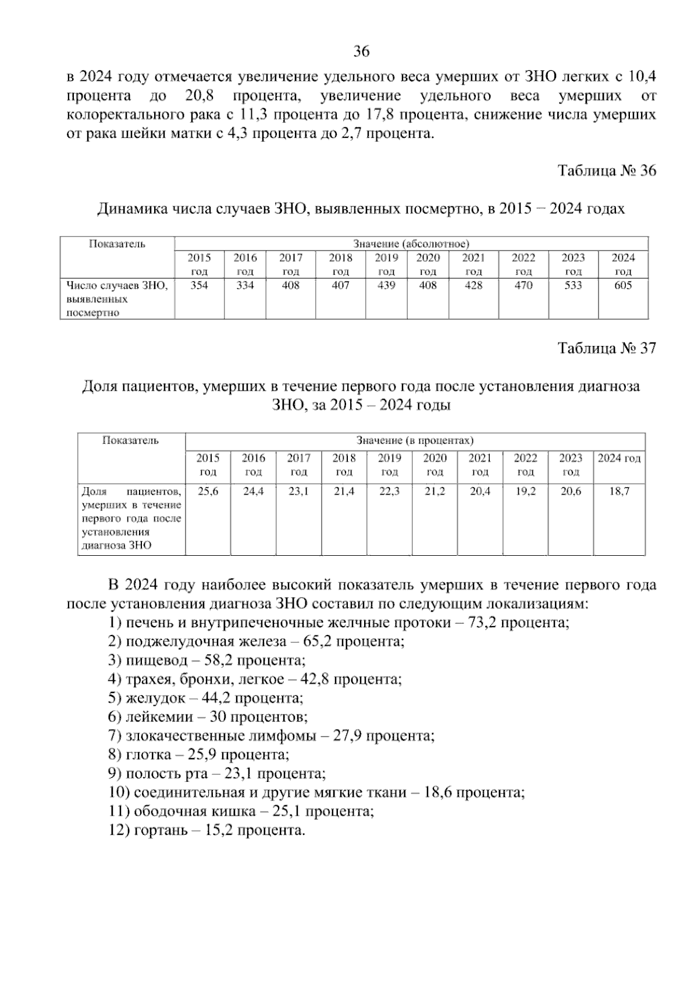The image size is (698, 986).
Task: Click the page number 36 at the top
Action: pos(361,52)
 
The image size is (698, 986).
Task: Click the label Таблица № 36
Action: pos(607,170)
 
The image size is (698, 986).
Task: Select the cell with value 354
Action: pos(199,285)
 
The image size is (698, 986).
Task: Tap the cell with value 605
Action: pos(623,285)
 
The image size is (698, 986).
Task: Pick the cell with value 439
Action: pos(386,285)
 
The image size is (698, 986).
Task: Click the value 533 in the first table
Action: pos(573,285)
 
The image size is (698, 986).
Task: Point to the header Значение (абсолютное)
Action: pos(411,244)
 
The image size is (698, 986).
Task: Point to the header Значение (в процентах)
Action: pos(415,441)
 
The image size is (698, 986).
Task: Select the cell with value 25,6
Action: pos(208,491)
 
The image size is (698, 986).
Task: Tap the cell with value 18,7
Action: pos(619,491)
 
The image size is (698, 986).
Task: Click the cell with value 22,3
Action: pos(389,491)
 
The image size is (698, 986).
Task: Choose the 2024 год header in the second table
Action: pos(619,459)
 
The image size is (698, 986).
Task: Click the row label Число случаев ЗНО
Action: pos(117,285)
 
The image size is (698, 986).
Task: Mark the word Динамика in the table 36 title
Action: pos(126,209)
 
